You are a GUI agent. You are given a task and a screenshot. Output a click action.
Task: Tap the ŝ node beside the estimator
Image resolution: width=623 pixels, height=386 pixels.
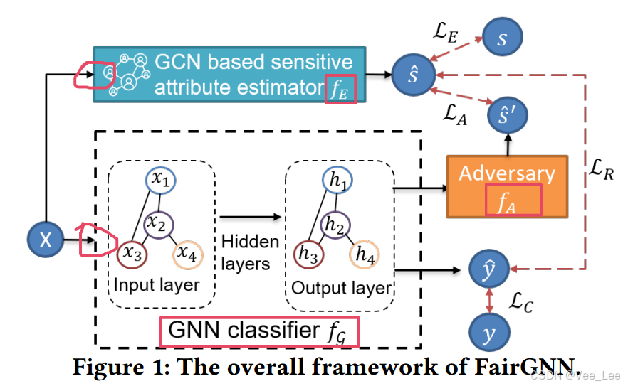click(x=412, y=75)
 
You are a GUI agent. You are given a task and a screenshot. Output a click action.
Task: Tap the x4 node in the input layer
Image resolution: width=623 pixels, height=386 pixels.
click(x=187, y=252)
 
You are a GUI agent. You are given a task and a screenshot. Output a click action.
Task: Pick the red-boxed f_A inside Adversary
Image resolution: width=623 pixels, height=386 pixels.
click(x=508, y=200)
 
